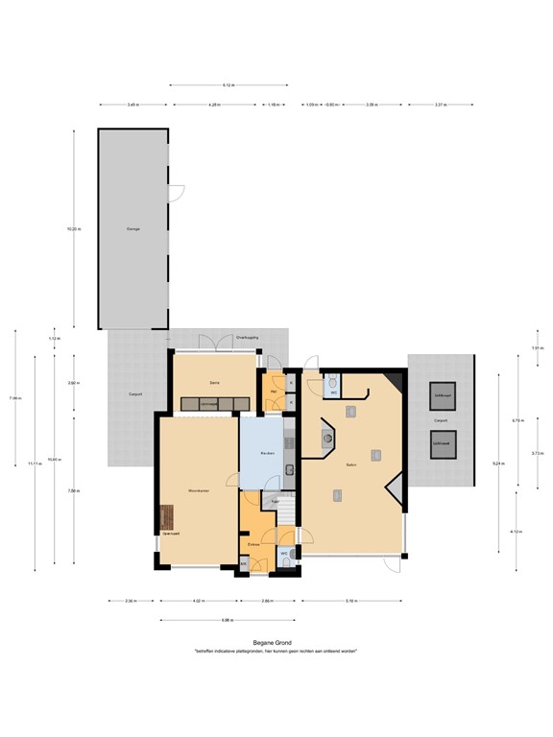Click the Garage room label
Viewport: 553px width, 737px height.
pos(133,229)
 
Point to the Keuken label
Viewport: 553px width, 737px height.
pos(269,452)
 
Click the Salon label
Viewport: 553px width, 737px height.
pos(351,464)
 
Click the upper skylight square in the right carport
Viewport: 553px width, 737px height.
pos(443,396)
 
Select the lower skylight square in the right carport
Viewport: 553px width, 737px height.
pos(443,446)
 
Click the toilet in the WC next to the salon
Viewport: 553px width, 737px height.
pos(332,382)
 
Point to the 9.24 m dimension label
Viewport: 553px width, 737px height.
pos(497,464)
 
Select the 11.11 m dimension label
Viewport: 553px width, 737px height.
pos(35,464)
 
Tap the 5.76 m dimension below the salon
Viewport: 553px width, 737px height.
pos(351,602)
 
